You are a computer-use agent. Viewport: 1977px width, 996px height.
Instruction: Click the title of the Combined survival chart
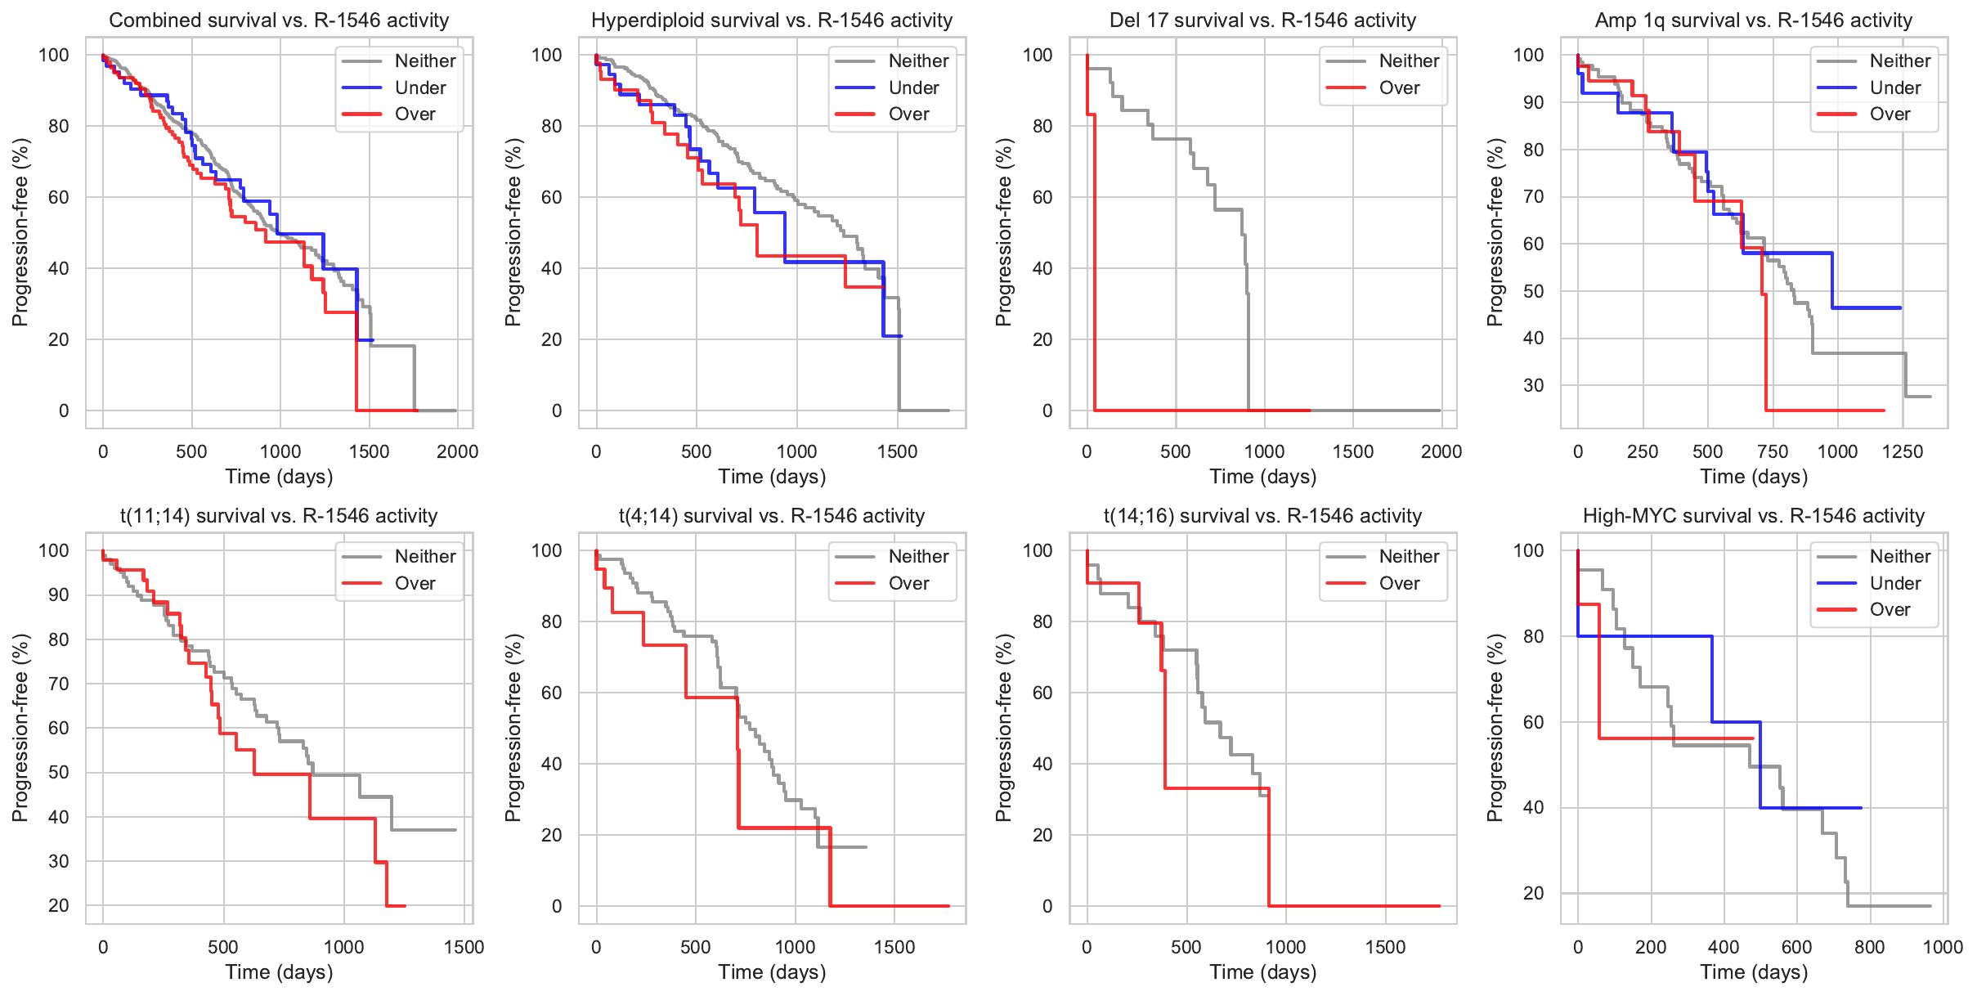click(279, 20)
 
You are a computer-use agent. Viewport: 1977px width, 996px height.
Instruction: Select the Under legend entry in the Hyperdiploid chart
click(912, 87)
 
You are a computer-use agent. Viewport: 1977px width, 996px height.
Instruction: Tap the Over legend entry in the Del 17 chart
click(1398, 87)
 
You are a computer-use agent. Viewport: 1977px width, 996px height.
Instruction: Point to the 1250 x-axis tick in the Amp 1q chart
click(1902, 451)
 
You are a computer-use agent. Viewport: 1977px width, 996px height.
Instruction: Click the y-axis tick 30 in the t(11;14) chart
click(59, 861)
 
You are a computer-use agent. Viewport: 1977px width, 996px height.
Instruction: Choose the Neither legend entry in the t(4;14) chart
click(917, 556)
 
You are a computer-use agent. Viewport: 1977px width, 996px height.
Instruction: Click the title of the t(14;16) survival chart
click(1262, 516)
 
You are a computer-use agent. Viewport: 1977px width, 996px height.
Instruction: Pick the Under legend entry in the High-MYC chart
click(1894, 583)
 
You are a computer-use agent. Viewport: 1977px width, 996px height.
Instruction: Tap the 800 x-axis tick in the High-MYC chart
click(1869, 947)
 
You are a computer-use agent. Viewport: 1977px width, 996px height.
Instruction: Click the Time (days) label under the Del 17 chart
click(1262, 477)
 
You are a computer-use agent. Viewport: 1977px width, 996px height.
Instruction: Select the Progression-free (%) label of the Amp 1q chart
click(1495, 232)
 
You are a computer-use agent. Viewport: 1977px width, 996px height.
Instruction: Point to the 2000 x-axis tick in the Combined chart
click(457, 451)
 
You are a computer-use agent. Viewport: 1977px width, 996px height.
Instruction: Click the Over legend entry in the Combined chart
click(415, 114)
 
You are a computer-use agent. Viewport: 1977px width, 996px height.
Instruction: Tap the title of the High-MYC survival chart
click(1753, 516)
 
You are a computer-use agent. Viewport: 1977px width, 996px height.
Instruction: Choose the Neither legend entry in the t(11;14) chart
click(424, 556)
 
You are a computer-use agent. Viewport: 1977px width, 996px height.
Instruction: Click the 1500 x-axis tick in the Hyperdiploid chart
click(897, 451)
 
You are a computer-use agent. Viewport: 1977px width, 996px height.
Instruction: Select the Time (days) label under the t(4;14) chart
click(771, 972)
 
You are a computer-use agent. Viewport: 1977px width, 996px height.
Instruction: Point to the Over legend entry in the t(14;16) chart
click(1398, 583)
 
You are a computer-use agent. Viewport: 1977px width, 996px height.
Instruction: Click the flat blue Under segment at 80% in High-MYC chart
click(1643, 636)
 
